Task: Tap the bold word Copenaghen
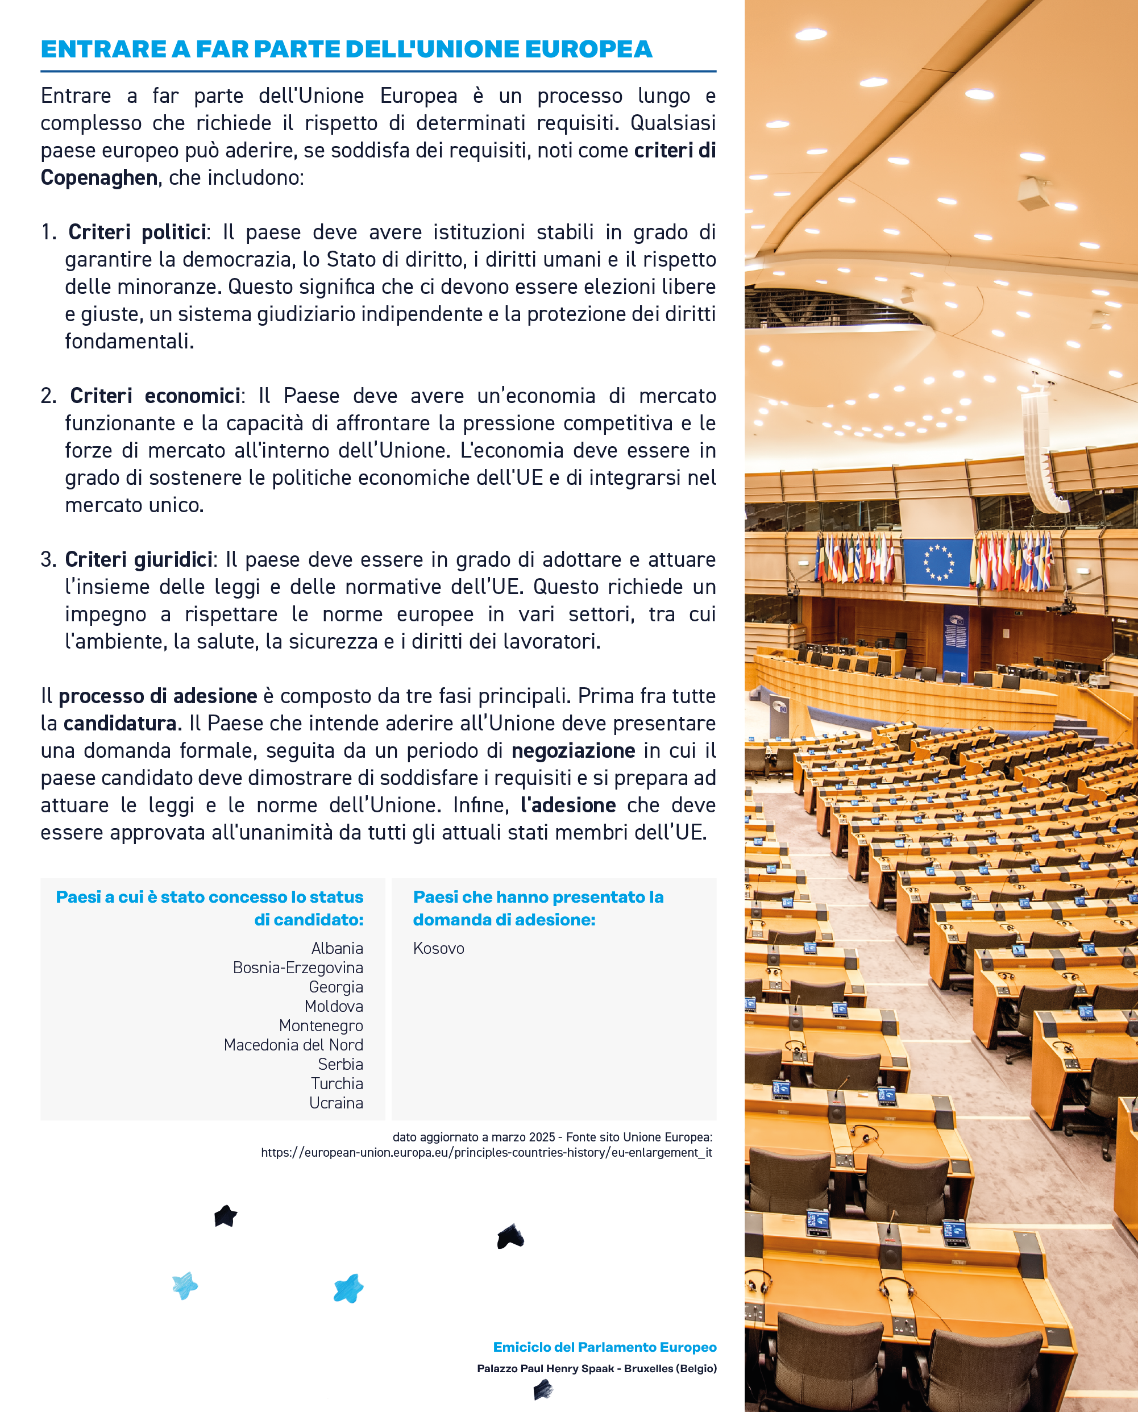pyautogui.click(x=99, y=178)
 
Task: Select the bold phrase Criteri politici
pyautogui.click(x=137, y=232)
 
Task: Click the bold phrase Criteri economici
pyautogui.click(x=155, y=396)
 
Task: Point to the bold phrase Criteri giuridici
pyautogui.click(x=138, y=559)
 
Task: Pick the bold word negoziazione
pyautogui.click(x=573, y=750)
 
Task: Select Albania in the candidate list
pyautogui.click(x=337, y=948)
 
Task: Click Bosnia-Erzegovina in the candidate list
pyautogui.click(x=298, y=967)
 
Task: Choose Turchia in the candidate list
pyautogui.click(x=337, y=1083)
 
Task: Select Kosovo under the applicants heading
pyautogui.click(x=439, y=948)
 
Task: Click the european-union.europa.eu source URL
pyautogui.click(x=487, y=1152)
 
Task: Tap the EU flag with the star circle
pyautogui.click(x=937, y=562)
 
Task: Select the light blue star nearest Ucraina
pyautogui.click(x=348, y=1288)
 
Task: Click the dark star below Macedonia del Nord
pyautogui.click(x=226, y=1216)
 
